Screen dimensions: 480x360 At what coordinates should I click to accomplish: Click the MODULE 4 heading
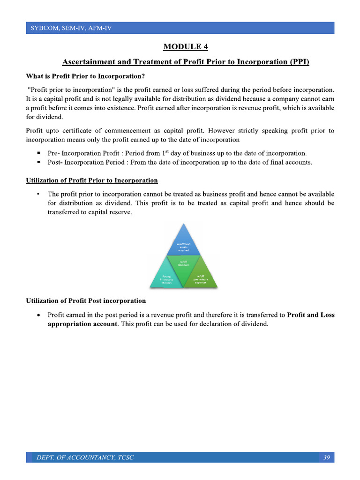(186, 46)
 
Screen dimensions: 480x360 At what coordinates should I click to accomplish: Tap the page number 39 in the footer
(327, 457)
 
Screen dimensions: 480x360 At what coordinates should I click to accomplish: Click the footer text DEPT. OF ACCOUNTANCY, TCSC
(85, 457)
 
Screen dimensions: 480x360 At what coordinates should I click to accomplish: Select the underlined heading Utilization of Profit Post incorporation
(86, 300)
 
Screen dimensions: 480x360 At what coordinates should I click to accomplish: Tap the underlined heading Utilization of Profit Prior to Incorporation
(92, 180)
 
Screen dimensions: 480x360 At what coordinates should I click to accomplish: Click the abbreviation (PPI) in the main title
(299, 62)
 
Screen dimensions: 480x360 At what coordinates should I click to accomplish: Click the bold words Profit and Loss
(311, 315)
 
